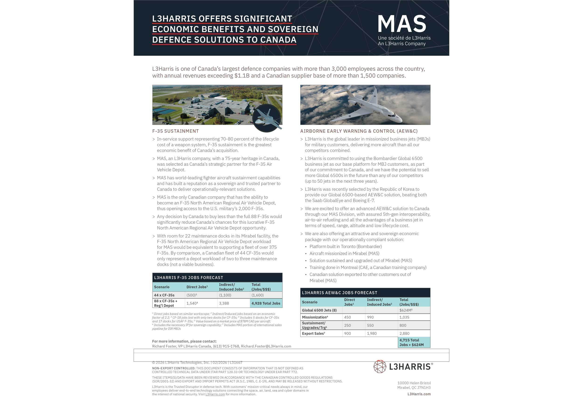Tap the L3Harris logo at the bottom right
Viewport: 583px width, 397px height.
point(403,367)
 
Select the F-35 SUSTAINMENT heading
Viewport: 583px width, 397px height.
point(175,131)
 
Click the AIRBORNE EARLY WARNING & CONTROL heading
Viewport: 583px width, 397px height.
point(359,131)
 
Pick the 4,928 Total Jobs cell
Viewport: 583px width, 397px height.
point(266,303)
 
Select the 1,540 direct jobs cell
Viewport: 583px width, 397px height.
point(192,303)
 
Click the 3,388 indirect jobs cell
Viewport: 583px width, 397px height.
point(224,303)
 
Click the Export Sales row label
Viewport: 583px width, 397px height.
point(313,333)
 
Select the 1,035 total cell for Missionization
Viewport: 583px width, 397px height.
point(404,317)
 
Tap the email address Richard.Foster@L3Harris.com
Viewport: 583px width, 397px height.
point(266,346)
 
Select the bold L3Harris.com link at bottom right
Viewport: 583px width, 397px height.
point(419,394)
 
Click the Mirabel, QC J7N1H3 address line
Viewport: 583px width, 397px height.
point(414,387)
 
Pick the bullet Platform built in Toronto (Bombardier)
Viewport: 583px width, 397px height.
point(345,247)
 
